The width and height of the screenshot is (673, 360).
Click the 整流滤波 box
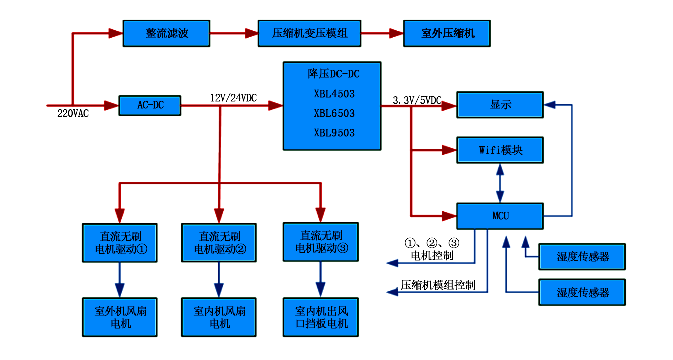167,34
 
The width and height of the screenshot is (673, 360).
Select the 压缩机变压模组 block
309,34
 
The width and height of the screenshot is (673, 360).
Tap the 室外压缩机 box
447,34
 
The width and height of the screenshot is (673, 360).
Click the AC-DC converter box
150,105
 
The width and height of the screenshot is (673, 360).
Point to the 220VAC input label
73,114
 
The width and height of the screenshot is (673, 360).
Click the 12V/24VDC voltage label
233,98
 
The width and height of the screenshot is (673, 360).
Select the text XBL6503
334,113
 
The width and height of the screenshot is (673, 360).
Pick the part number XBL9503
334,133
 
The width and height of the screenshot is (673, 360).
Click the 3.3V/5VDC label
417,101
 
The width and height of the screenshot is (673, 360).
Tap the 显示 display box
500,105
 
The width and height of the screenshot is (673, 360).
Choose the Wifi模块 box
500,150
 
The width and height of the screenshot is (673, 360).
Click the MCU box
500,216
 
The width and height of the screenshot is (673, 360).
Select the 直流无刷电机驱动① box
119,242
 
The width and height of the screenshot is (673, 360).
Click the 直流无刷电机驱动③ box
321,242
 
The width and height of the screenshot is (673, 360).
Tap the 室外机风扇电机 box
119,317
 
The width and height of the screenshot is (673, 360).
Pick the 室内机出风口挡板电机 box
321,317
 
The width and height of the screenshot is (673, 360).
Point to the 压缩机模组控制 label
438,285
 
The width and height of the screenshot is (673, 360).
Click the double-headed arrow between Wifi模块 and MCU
499,183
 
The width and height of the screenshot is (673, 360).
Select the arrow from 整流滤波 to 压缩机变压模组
234,34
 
